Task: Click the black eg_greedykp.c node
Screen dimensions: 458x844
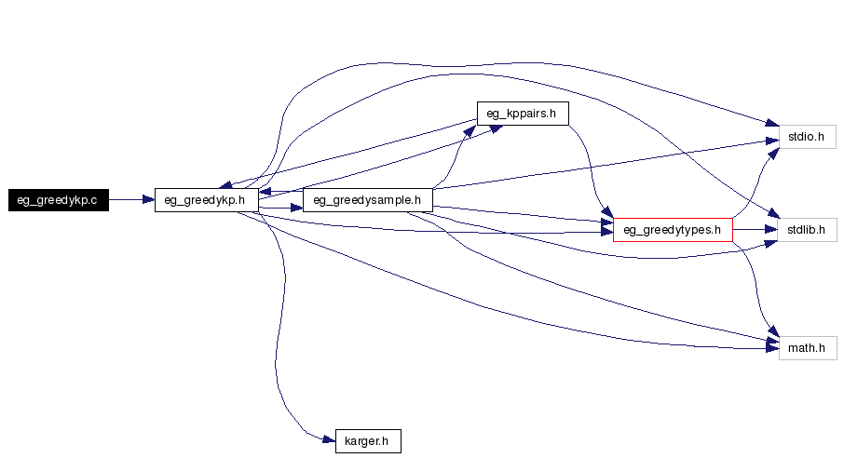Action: click(59, 199)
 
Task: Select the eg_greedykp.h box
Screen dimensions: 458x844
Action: click(206, 199)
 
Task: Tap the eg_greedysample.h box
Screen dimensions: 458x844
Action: click(368, 199)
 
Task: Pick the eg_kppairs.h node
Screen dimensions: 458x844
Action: click(522, 114)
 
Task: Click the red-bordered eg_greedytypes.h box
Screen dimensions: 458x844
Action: click(673, 229)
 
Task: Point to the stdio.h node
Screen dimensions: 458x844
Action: click(807, 137)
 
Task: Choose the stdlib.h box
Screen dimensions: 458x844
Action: click(807, 229)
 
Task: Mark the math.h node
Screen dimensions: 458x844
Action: click(807, 348)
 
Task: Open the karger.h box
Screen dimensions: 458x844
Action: click(367, 441)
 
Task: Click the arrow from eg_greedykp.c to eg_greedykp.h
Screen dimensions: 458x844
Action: click(130, 199)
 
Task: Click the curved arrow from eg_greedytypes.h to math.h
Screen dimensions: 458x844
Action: click(756, 289)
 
